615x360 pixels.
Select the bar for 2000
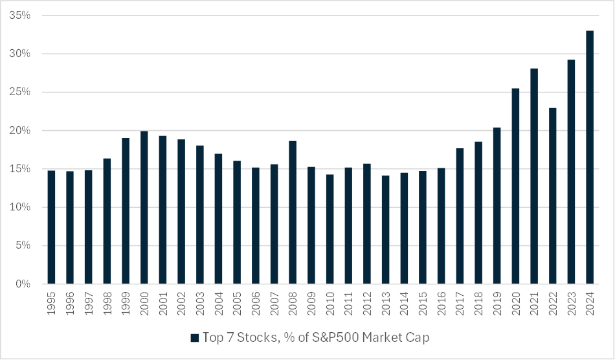coord(144,207)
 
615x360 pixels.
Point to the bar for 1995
coord(51,227)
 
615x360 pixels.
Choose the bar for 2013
coord(385,230)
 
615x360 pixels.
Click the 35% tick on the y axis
coord(23,16)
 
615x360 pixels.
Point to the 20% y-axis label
coord(23,131)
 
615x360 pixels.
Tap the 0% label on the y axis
coord(25,284)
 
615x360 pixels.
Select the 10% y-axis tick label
coord(23,207)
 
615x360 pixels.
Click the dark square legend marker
coord(194,337)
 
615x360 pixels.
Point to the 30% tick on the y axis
coord(23,54)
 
